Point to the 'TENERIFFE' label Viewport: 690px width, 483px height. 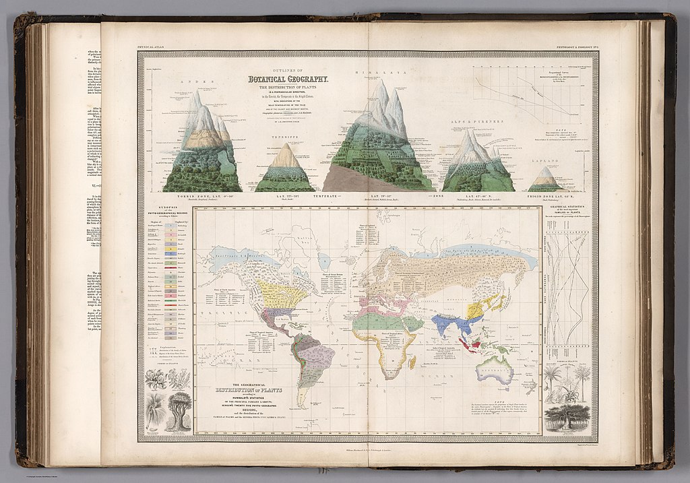[x=286, y=136]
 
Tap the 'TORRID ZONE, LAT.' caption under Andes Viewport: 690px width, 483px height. [x=192, y=197]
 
